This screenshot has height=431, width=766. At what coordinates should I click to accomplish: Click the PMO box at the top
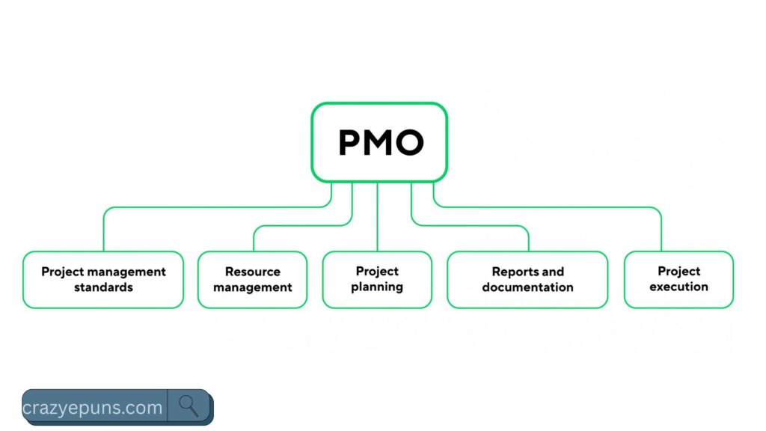coord(379,142)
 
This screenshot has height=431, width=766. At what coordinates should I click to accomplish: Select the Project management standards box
coord(103,279)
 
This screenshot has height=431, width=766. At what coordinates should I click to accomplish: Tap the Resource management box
coord(252,279)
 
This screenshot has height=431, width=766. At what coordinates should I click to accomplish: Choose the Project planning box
coord(377,279)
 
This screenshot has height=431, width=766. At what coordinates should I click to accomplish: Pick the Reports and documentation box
coord(527,279)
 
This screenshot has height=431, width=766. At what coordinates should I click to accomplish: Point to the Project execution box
coord(678,279)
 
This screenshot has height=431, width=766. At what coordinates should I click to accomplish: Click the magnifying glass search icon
coord(189,406)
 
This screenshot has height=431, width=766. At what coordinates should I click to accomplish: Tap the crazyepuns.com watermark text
coord(93,408)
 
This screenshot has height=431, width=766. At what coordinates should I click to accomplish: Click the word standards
coord(103,287)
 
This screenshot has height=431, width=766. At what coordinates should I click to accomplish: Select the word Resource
coord(253,272)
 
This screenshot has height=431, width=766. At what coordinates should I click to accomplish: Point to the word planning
coord(377,287)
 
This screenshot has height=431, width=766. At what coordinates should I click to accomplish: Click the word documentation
coord(527,287)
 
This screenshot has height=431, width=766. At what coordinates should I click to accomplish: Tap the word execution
coord(678,287)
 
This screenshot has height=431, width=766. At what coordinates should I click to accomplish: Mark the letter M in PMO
coord(380,142)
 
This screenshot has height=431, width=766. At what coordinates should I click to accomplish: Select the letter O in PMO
coord(410,142)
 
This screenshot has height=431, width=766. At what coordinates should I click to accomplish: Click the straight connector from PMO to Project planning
coord(377,217)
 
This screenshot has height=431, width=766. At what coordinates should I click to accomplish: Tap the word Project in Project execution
coord(678,271)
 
